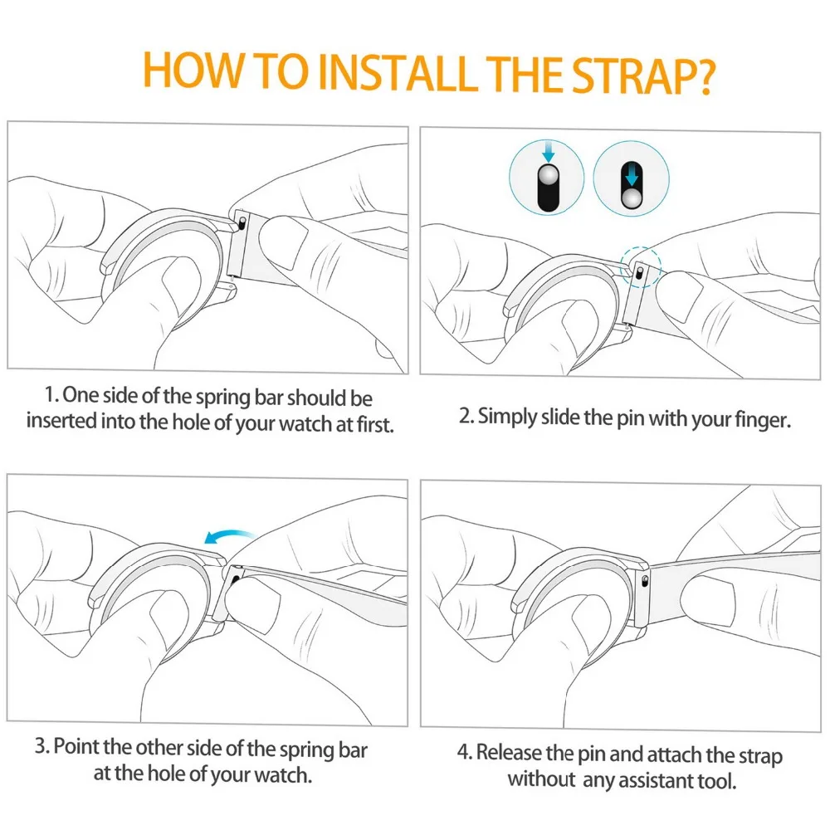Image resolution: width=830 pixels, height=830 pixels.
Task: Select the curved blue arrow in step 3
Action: (229, 537)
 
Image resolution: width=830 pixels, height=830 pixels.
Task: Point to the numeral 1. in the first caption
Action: (51, 394)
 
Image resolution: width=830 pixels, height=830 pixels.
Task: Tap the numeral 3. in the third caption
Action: (41, 746)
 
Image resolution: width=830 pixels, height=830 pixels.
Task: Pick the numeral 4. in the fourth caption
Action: (464, 752)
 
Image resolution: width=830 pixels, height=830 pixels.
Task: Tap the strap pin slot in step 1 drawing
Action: (242, 222)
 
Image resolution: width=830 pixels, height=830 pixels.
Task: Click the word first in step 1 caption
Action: (375, 424)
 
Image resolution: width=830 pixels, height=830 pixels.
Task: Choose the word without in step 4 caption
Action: (541, 779)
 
